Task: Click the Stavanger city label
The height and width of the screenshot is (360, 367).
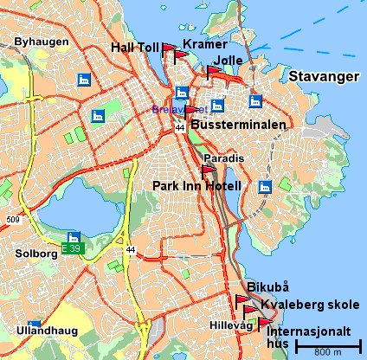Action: [x=323, y=77]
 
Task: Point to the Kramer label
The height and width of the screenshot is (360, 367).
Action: [x=206, y=43]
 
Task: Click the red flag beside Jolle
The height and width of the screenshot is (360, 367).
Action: [x=212, y=72]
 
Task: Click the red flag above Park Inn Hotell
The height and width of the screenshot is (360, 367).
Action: [x=206, y=170]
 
